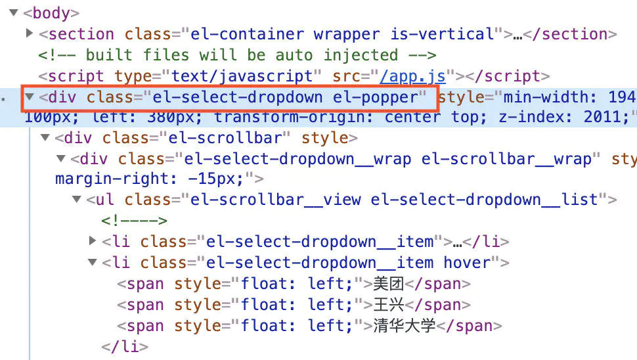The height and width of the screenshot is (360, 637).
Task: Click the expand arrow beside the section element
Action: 30,34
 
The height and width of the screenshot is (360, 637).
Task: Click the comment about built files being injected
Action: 236,55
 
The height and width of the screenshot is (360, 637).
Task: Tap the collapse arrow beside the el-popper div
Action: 30,98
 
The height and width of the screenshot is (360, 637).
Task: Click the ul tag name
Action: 104,199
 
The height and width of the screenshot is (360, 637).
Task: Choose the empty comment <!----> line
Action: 135,220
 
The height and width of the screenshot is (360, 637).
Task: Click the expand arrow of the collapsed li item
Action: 93,241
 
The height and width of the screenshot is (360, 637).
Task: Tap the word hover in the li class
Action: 467,263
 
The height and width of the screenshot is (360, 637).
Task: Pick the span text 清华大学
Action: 405,326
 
